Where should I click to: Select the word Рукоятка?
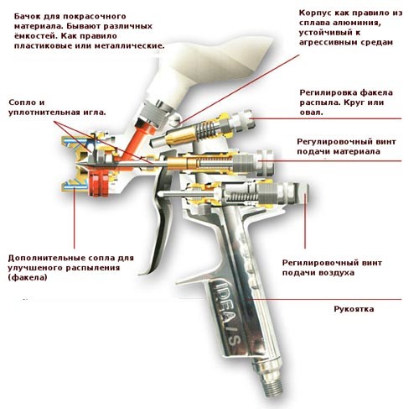tap(354, 309)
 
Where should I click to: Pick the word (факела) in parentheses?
tap(28, 278)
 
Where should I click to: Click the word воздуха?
tap(338, 273)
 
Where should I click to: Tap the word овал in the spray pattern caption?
tap(311, 113)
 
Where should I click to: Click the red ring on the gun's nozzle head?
tap(98, 183)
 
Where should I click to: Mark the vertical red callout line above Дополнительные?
tap(75, 218)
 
